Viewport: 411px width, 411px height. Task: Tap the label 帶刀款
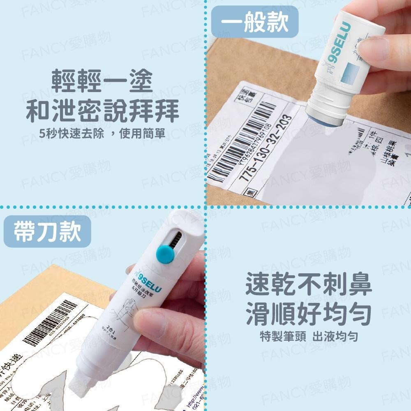47,232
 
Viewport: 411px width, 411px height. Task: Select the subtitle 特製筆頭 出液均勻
309,337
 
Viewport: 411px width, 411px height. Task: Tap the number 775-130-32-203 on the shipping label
268,148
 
